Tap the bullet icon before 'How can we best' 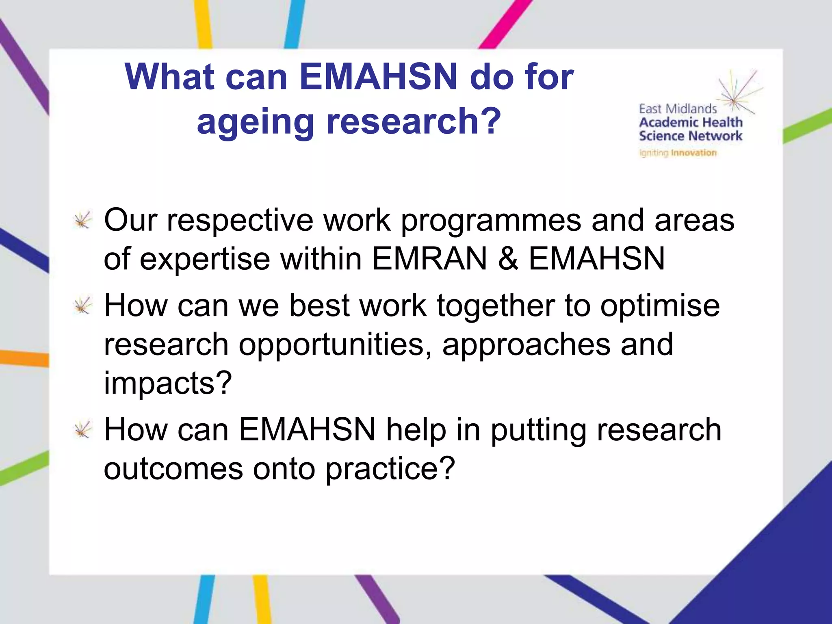click(83, 306)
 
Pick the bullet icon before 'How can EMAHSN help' click(83, 430)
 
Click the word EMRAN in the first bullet click(429, 259)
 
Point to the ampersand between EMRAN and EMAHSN click(508, 259)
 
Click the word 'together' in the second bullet click(496, 305)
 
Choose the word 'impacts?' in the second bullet click(168, 383)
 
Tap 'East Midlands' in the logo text click(678, 109)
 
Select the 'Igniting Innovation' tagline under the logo click(678, 153)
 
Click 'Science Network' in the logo click(690, 136)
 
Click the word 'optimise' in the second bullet click(660, 306)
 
